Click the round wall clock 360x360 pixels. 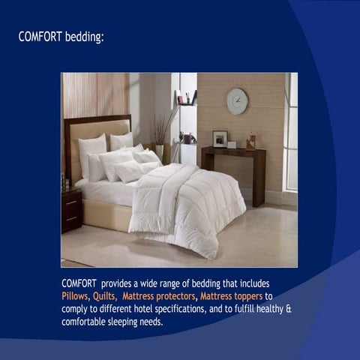pos(237,101)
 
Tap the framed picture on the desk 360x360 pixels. pos(220,139)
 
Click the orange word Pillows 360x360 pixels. pos(75,295)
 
